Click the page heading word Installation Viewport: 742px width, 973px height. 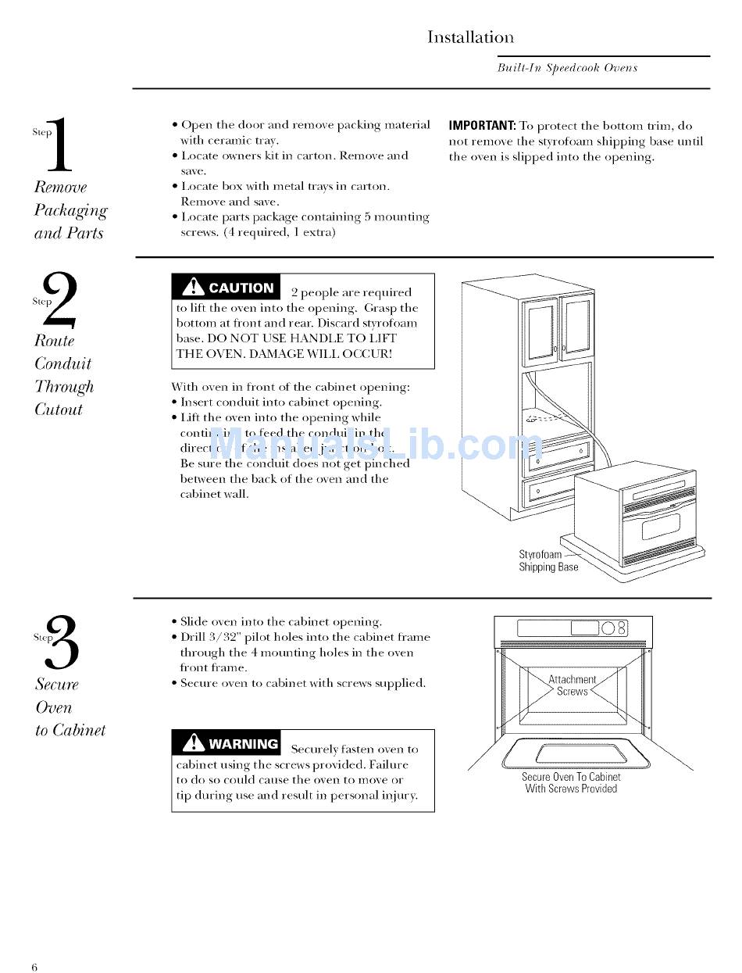click(470, 38)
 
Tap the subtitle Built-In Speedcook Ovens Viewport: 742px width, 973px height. click(567, 68)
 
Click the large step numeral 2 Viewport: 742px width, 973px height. click(60, 300)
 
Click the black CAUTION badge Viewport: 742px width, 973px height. click(227, 288)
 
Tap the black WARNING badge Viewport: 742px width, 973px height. click(227, 743)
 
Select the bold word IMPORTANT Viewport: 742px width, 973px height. click(481, 126)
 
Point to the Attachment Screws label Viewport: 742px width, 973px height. click(572, 685)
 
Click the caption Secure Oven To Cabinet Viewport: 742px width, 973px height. click(571, 777)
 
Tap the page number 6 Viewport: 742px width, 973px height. click(34, 968)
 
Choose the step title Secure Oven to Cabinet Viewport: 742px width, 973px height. click(70, 707)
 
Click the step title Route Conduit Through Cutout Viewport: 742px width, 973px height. click(63, 375)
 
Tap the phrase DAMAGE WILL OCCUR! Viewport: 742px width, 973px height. click(327, 353)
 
